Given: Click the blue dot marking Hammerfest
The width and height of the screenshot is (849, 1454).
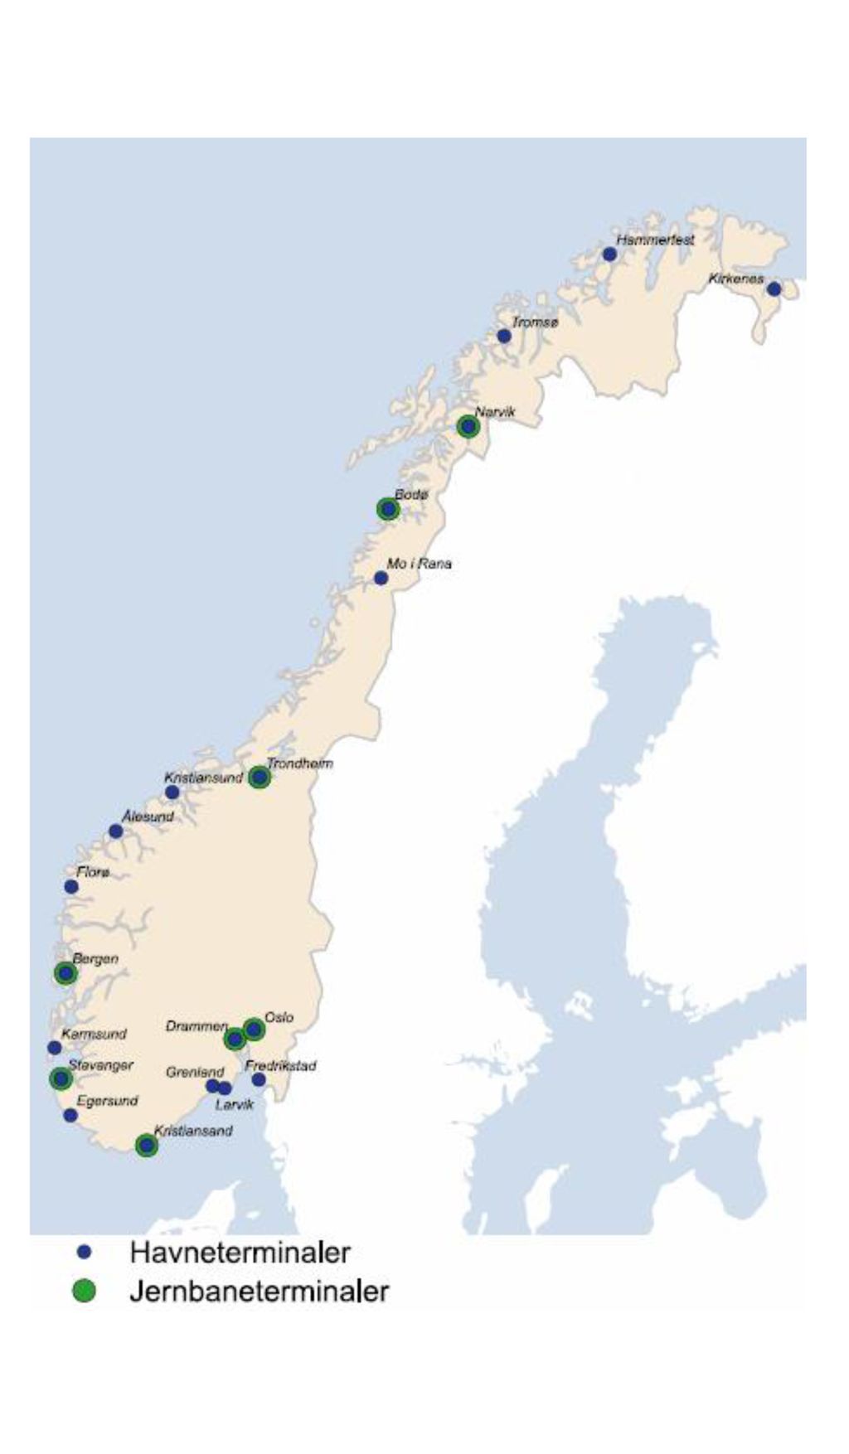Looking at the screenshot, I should pyautogui.click(x=609, y=254).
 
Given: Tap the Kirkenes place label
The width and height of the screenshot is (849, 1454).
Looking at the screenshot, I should pyautogui.click(x=735, y=279).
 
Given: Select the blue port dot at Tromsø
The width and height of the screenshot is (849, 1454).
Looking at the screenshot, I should pyautogui.click(x=504, y=336).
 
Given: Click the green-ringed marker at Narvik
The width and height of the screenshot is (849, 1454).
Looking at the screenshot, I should pyautogui.click(x=468, y=427).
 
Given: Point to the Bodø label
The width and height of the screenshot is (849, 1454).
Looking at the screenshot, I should pyautogui.click(x=411, y=494).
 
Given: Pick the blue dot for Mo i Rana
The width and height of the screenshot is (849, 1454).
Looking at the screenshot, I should pyautogui.click(x=381, y=578).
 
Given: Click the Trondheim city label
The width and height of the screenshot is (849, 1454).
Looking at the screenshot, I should pyautogui.click(x=299, y=763).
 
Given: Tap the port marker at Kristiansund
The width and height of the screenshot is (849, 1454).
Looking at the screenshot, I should pyautogui.click(x=172, y=792).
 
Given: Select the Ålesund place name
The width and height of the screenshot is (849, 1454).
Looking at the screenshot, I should pyautogui.click(x=148, y=817).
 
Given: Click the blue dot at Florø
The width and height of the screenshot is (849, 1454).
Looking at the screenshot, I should pyautogui.click(x=71, y=887).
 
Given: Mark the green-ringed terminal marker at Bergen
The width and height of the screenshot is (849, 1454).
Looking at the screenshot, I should pyautogui.click(x=65, y=973).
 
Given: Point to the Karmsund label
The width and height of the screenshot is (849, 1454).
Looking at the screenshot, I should pyautogui.click(x=94, y=1034).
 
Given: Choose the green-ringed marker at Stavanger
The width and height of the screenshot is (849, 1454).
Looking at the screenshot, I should pyautogui.click(x=61, y=1078).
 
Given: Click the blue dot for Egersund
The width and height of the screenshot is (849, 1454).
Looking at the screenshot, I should pyautogui.click(x=70, y=1116).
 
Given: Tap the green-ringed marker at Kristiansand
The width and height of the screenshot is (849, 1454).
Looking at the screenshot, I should pyautogui.click(x=147, y=1146).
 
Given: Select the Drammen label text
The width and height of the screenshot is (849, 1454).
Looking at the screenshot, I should pyautogui.click(x=196, y=1026).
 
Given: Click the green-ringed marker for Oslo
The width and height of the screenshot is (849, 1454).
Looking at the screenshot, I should pyautogui.click(x=254, y=1030).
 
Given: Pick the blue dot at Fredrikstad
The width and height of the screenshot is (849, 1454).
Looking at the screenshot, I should pyautogui.click(x=259, y=1079).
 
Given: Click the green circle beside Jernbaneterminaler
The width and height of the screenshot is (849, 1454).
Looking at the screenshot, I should pyautogui.click(x=84, y=1291).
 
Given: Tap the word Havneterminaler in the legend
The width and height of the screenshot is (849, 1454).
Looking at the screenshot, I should pyautogui.click(x=240, y=1252).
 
